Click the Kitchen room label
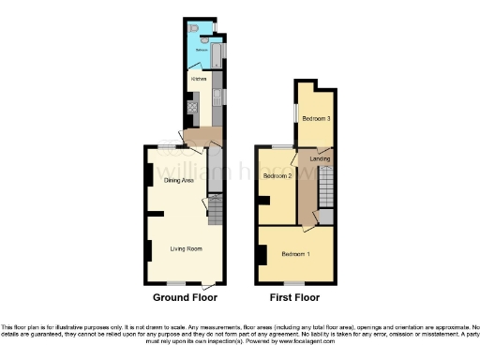coord(198,79)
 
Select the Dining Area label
coord(178,180)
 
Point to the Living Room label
coord(187,248)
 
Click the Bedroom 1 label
coord(296,254)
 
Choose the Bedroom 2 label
coord(277,176)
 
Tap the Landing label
coord(320,158)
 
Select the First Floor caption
coord(294,297)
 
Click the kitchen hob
coord(191,107)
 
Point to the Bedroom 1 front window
coord(292,283)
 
